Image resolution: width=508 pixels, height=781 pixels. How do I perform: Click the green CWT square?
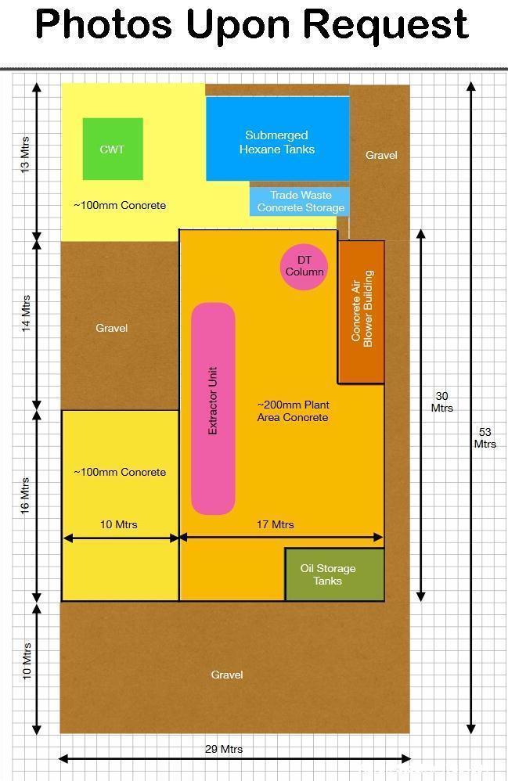pyautogui.click(x=113, y=149)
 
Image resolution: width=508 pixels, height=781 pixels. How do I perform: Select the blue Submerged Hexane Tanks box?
pyautogui.click(x=277, y=139)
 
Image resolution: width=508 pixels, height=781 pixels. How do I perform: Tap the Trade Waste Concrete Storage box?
pyautogui.click(x=299, y=201)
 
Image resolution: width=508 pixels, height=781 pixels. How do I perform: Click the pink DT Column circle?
pyautogui.click(x=304, y=267)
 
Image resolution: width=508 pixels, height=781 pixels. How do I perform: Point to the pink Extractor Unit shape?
pyautogui.click(x=213, y=408)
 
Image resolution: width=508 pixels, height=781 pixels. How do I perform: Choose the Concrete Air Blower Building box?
pyautogui.click(x=362, y=312)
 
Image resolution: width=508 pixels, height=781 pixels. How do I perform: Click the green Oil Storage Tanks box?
pyautogui.click(x=335, y=574)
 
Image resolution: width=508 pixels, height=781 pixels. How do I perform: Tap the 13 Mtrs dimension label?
pyautogui.click(x=25, y=154)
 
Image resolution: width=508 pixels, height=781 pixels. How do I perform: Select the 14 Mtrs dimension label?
pyautogui.click(x=25, y=313)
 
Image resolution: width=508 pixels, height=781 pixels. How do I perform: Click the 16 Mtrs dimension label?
pyautogui.click(x=25, y=496)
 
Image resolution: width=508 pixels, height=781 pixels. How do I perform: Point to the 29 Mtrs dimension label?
pyautogui.click(x=224, y=749)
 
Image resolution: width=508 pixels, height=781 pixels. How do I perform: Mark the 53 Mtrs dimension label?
pyautogui.click(x=485, y=437)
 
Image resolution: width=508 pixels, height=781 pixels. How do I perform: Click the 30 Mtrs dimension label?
pyautogui.click(x=441, y=402)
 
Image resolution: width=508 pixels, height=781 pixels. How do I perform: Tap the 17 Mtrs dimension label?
pyautogui.click(x=276, y=524)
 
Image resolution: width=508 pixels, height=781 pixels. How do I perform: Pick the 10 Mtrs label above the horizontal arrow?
pyautogui.click(x=118, y=524)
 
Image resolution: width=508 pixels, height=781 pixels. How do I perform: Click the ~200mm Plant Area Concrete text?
pyautogui.click(x=293, y=411)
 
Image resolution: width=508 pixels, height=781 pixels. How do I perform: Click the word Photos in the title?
pyautogui.click(x=103, y=24)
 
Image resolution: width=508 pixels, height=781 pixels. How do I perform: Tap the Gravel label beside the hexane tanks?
pyautogui.click(x=381, y=155)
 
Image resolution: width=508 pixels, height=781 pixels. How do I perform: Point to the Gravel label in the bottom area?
pyautogui.click(x=227, y=675)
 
